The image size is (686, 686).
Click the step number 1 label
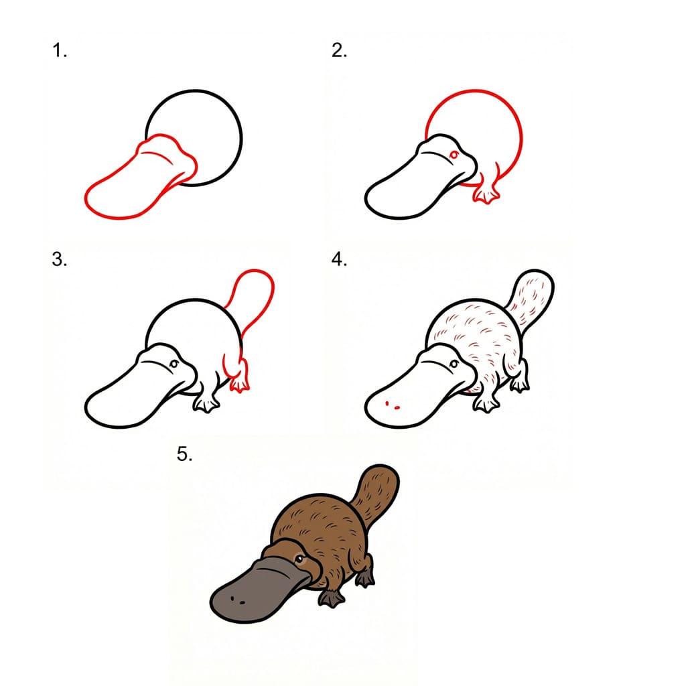(x=60, y=52)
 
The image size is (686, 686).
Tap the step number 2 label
(x=339, y=52)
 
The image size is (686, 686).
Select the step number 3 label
(x=60, y=260)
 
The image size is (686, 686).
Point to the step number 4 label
(x=339, y=260)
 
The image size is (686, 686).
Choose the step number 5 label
(x=185, y=455)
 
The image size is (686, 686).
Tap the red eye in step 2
(x=454, y=155)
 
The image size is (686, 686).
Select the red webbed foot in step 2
(x=484, y=194)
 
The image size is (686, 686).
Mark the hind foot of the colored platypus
(x=366, y=577)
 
